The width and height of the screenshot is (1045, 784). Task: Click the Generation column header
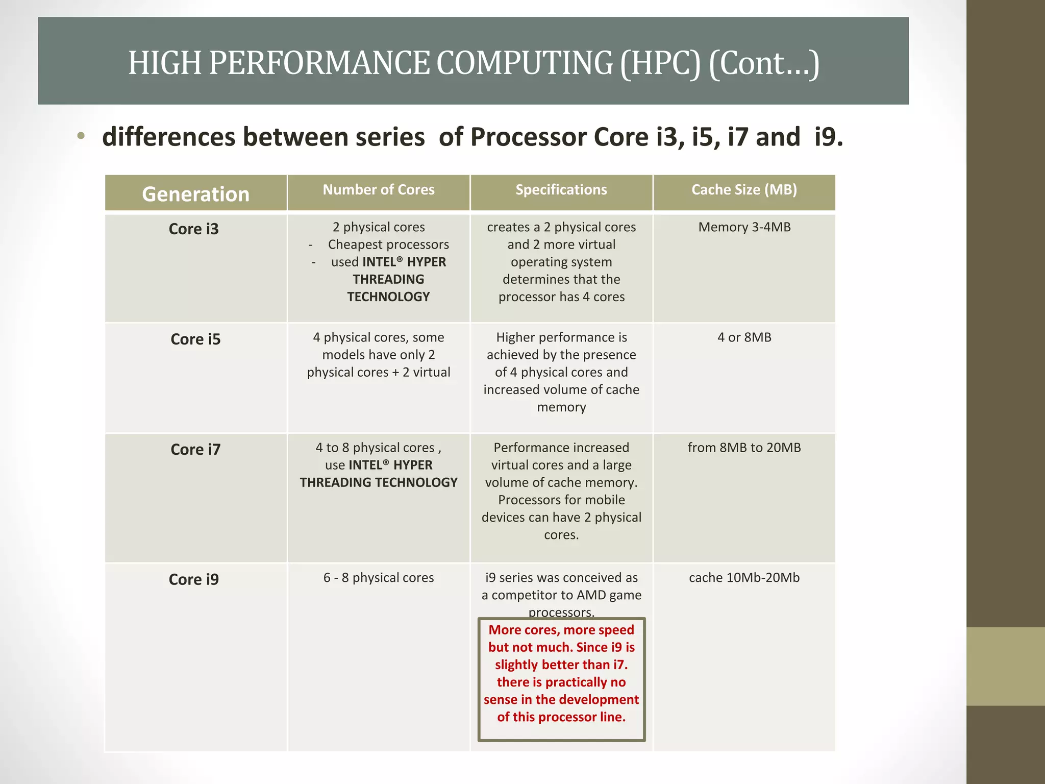pos(195,194)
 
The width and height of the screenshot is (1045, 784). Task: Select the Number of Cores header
pos(378,190)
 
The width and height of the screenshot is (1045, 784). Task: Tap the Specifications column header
pos(561,190)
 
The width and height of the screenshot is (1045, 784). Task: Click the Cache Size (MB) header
pos(744,190)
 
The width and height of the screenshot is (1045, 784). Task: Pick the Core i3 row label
pos(193,229)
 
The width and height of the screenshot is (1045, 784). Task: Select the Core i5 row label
pos(195,339)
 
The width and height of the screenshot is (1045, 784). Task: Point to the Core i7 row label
pos(195,449)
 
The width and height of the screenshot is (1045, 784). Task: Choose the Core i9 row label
pos(193,579)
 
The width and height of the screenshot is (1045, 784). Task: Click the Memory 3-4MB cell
pos(744,227)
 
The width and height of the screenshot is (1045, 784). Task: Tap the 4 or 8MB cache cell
pos(744,337)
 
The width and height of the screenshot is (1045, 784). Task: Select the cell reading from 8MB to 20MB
pos(744,448)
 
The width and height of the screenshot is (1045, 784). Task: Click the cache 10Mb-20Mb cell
pos(744,578)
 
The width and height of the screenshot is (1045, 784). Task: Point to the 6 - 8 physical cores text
pos(378,578)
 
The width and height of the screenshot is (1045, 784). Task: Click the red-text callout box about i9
pos(561,679)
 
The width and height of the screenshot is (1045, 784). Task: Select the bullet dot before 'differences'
pos(81,136)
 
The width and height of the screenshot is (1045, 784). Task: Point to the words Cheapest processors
pos(388,244)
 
